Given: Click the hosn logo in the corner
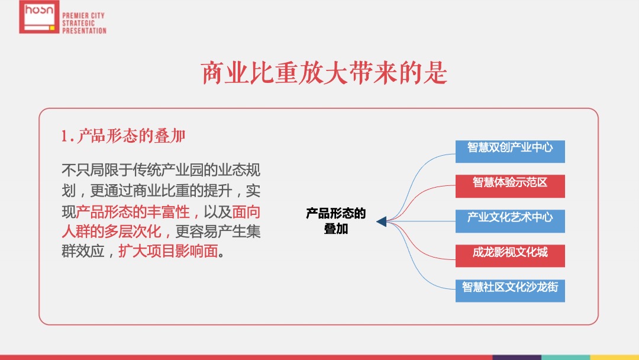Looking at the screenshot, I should [39, 17].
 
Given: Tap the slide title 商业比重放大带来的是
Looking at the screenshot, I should [324, 74].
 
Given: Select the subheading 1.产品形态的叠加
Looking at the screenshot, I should [123, 137].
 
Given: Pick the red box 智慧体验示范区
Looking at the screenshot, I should [510, 185].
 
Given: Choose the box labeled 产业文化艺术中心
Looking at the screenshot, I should [510, 220].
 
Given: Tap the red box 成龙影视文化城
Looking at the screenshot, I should [510, 255].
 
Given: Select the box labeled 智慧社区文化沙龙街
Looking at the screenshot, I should [510, 290].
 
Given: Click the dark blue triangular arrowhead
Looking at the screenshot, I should [382, 221].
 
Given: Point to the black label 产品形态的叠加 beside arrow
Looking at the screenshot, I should [335, 221].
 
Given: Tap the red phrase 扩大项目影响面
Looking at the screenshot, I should [168, 252].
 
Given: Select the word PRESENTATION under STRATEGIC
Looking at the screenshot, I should [84, 30].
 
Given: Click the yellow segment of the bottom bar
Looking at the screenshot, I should [615, 357].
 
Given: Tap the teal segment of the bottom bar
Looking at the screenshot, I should [566, 357].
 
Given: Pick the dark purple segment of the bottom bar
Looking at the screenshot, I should [517, 357].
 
